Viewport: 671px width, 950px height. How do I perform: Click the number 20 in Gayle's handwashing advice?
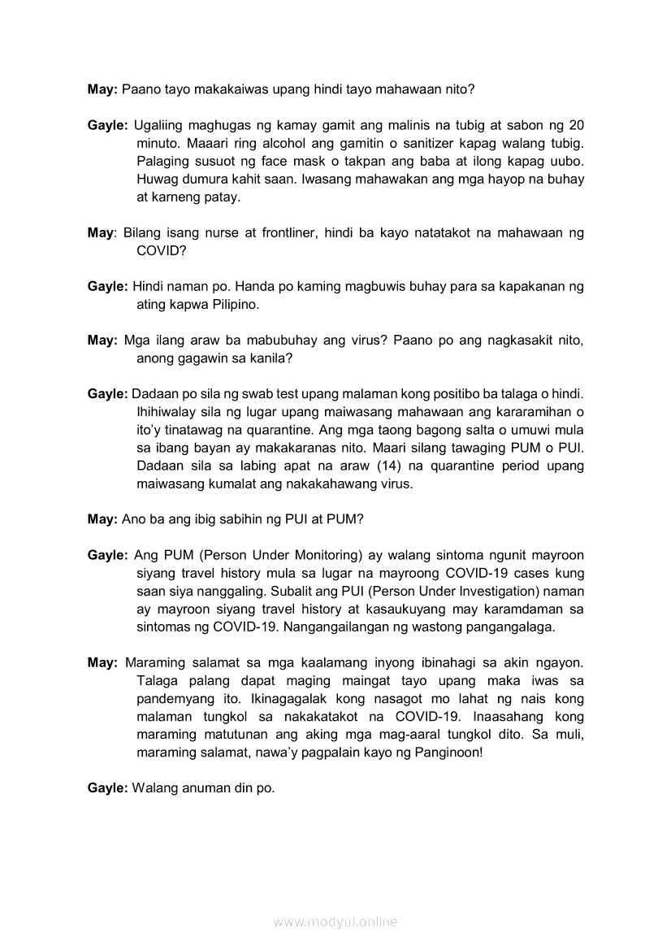point(576,125)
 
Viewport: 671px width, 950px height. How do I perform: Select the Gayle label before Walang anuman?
point(107,788)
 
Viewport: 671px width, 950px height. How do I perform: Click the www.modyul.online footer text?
point(335,922)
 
